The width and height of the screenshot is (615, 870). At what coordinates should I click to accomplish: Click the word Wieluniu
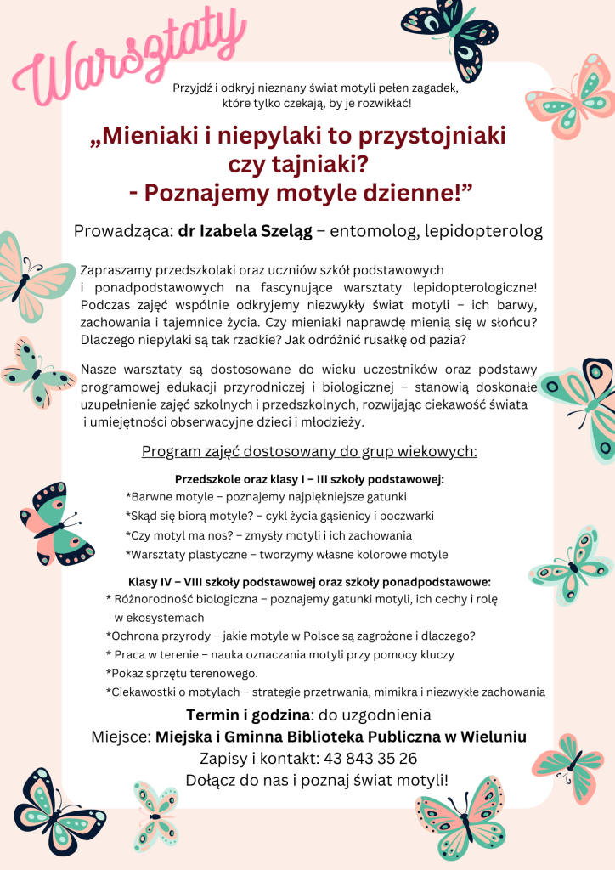(x=494, y=737)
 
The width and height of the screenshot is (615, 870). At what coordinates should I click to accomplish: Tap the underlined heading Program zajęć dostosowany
(x=309, y=451)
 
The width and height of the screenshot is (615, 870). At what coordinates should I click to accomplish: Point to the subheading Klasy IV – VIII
(x=309, y=582)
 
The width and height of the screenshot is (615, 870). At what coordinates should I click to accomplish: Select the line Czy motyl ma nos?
(x=268, y=535)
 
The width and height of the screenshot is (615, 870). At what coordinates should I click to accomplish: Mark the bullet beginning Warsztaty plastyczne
(x=286, y=555)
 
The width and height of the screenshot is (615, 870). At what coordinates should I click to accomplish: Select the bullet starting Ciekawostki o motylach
(x=325, y=692)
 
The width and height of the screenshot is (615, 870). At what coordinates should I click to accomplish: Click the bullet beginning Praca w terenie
(x=280, y=655)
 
